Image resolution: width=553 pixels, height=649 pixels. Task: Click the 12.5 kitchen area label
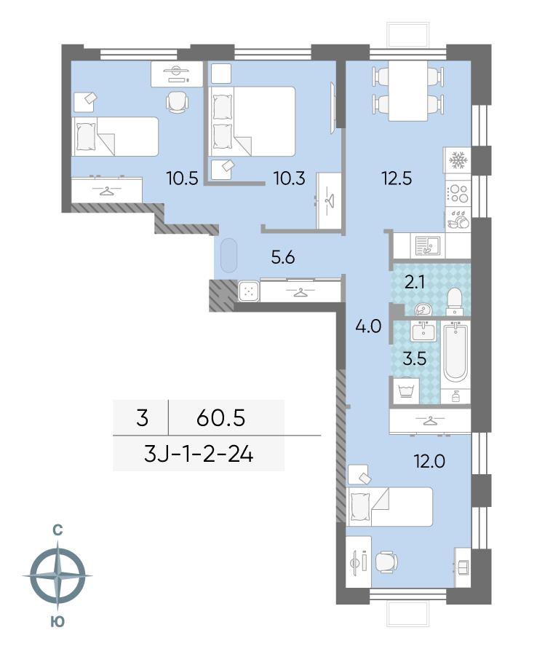pos(397,178)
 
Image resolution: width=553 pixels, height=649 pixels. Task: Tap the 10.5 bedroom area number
pos(182,178)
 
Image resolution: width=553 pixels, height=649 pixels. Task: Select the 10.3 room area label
pos(290,178)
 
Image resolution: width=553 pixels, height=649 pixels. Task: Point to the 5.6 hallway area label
pos(283,257)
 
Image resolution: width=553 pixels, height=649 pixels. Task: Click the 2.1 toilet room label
pos(414,283)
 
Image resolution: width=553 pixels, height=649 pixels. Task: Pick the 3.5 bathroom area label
pos(415,358)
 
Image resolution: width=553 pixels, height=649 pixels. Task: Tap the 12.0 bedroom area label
pos(429,460)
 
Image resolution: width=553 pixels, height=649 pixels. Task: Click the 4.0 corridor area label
pos(368,326)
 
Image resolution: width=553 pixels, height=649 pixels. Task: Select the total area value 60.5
pos(221,418)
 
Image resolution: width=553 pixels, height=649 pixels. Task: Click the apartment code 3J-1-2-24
pos(199,455)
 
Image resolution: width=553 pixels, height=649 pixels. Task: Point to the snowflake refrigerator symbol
pos(458,160)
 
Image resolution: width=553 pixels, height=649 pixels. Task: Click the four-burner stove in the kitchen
pos(458,194)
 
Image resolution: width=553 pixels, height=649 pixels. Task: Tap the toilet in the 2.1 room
pos(455,301)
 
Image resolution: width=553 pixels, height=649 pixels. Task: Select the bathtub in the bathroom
pos(455,353)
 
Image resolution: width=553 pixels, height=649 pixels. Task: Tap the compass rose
pos(58,575)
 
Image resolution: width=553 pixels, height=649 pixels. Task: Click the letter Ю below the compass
pos(57,621)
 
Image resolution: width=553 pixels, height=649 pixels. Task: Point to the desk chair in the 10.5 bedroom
pos(177,101)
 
